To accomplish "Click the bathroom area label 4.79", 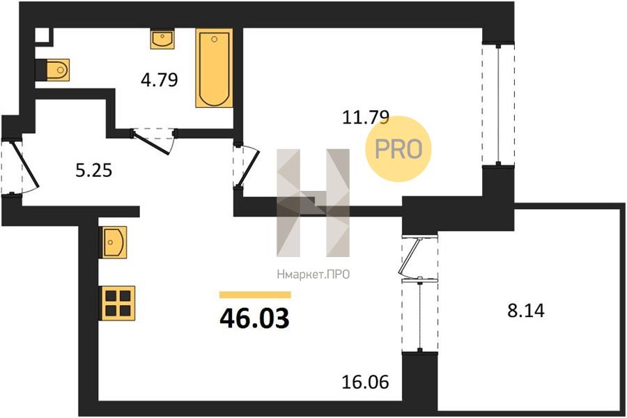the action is click(159, 80).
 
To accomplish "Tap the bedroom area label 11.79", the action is click(366, 118).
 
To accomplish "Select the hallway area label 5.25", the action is click(94, 171).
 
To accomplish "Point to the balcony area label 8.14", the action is click(526, 311).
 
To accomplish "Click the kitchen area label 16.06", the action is click(365, 382).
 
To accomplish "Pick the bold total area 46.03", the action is click(254, 319).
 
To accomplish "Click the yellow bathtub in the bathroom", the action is click(215, 68).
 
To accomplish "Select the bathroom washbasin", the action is click(162, 39).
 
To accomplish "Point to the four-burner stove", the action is click(117, 303).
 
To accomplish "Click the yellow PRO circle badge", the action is click(398, 148).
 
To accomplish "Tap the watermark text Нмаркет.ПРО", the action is click(313, 274).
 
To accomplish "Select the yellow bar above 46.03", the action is click(255, 295).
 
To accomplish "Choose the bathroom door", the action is click(153, 140).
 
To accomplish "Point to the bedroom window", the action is click(498, 104).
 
